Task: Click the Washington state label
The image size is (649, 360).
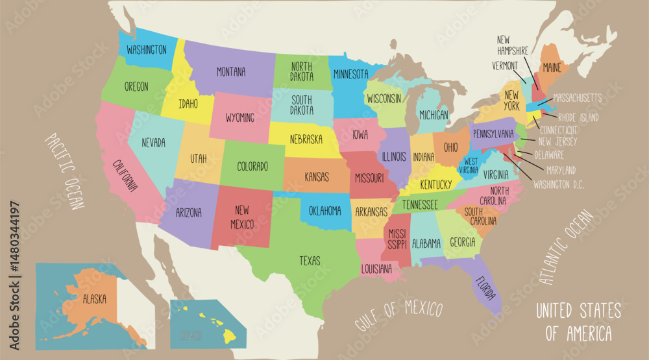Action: tap(147, 49)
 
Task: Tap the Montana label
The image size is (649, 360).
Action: tap(230, 72)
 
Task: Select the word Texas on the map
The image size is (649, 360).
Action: tap(310, 261)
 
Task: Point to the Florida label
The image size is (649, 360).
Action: tap(486, 291)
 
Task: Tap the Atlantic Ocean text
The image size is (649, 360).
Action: tap(567, 248)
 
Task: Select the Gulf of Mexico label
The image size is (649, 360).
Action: tap(398, 315)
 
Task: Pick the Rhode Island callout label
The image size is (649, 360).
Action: tap(578, 118)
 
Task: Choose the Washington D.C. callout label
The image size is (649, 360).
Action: tap(559, 184)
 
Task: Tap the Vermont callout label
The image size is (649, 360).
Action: tap(505, 66)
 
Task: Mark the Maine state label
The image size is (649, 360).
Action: tap(552, 67)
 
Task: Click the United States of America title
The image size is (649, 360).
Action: tap(578, 322)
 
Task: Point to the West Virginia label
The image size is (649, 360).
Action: tap(471, 165)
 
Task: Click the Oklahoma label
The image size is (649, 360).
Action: tap(324, 210)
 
